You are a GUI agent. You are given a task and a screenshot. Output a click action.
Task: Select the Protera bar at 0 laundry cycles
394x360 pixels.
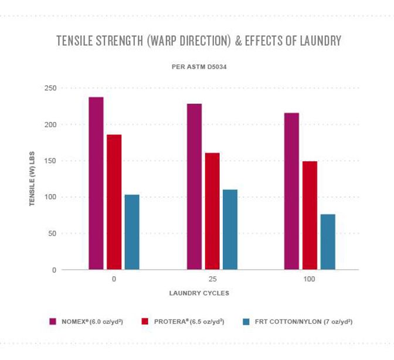click(114, 202)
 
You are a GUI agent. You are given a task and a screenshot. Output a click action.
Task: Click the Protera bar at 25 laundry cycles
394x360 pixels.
click(212, 211)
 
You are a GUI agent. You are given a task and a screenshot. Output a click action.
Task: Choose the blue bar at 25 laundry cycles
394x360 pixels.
click(230, 229)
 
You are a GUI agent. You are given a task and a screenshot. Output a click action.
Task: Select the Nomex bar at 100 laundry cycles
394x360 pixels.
click(291, 191)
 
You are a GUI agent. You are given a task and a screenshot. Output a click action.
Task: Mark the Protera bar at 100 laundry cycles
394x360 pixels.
click(310, 215)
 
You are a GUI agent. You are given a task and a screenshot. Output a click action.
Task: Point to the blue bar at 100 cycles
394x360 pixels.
click(328, 242)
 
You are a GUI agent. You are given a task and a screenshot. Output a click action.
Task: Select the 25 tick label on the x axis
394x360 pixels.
click(212, 279)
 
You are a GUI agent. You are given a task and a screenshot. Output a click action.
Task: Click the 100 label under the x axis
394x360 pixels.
click(310, 279)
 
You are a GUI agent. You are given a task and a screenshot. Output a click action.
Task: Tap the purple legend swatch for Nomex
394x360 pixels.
click(52, 321)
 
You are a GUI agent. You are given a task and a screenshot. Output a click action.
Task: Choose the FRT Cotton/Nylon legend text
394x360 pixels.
click(301, 321)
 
